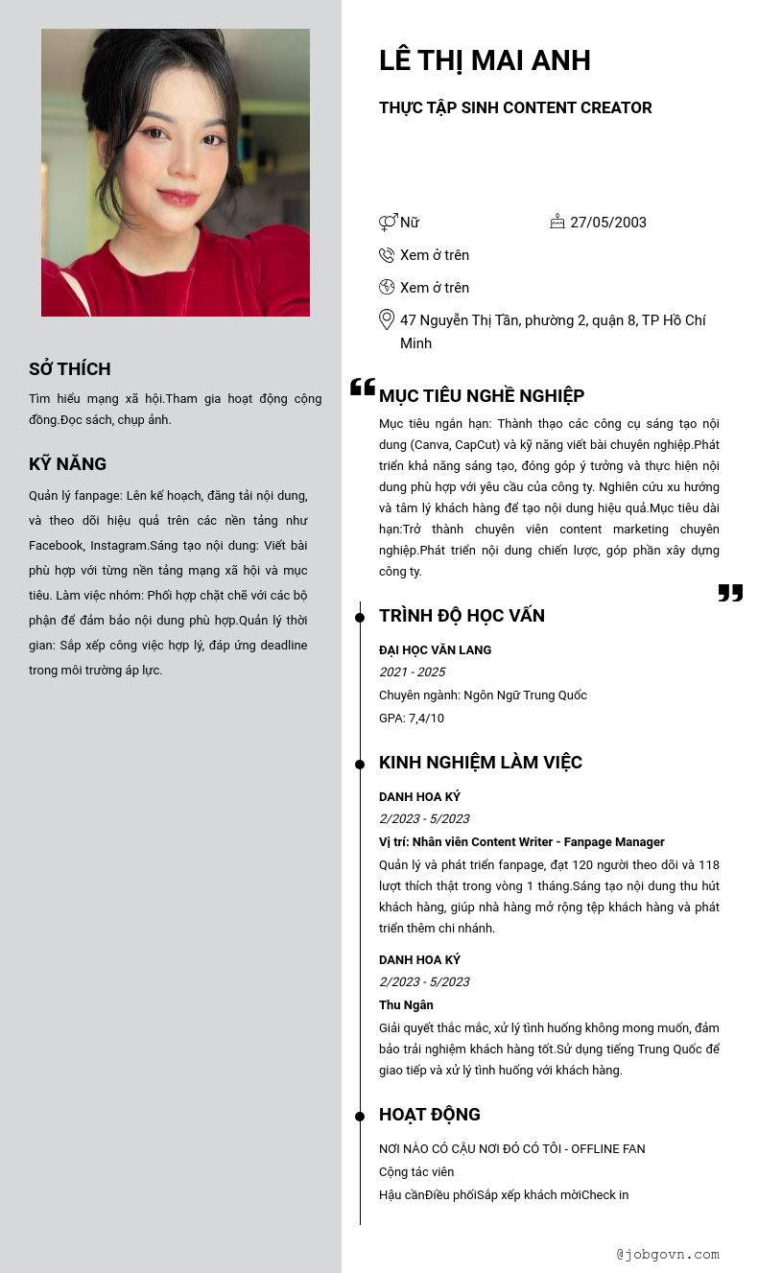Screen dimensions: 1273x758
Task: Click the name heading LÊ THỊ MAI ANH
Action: click(485, 60)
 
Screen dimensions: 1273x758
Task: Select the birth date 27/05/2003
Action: click(608, 223)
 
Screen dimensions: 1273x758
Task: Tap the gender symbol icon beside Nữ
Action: click(388, 223)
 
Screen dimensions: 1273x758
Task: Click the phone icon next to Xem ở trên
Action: click(387, 255)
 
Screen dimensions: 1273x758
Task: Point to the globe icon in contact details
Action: click(387, 287)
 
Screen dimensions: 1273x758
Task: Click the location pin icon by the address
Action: click(387, 319)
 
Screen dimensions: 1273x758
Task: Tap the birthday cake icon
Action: click(557, 222)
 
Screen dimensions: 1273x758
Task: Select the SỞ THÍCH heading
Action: click(69, 369)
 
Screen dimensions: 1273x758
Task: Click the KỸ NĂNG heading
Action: click(67, 464)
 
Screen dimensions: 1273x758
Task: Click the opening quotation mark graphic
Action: click(363, 387)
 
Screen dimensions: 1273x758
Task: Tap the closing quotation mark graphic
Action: click(730, 593)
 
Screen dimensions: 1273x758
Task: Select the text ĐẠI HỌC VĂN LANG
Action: click(435, 650)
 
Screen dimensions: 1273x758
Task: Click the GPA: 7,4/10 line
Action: click(412, 719)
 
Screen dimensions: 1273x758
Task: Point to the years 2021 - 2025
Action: click(413, 672)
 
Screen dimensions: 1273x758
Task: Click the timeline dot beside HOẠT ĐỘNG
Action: click(360, 1116)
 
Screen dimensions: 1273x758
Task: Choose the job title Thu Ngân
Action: click(406, 1005)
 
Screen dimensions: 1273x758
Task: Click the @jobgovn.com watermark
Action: click(668, 1254)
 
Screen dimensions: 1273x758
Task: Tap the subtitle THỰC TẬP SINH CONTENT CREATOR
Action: click(515, 108)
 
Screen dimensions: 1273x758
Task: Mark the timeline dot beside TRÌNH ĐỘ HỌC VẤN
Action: click(360, 617)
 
